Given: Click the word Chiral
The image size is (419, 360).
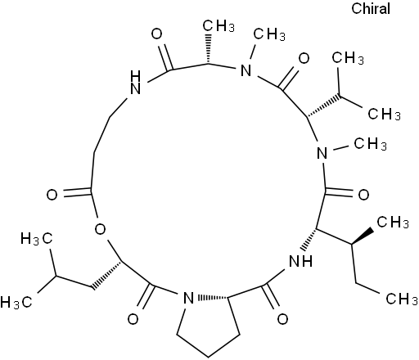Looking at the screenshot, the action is point(371,8).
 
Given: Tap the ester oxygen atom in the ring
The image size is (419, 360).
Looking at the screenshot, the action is point(100,229).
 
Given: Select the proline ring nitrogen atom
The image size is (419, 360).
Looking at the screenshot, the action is point(188,298).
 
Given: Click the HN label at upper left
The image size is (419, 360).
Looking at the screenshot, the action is point(136,82).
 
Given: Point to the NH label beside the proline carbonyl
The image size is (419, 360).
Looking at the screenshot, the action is point(300,262).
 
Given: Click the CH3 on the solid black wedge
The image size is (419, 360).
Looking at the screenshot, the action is point(393,223).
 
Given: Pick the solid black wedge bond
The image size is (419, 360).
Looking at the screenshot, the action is point(363,237).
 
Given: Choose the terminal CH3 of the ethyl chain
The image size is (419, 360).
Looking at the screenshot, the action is point(402,299).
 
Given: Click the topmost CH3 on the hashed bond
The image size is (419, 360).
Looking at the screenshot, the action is point(219,26).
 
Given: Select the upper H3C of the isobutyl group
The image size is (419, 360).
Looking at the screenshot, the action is point(37,239).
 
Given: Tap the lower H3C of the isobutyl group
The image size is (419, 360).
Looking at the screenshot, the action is point(16,303).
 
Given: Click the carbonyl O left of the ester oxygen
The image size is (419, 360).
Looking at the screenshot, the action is point(52,195).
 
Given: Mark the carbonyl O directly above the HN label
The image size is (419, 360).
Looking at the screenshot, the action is point(157,34).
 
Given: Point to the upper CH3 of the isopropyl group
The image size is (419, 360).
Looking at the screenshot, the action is point(348,58).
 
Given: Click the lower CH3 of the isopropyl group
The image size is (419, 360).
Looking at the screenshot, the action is point(384,114).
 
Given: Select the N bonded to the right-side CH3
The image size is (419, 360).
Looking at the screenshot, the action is point(322,153).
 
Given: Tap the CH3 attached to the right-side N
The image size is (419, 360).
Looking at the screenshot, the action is point(371,144).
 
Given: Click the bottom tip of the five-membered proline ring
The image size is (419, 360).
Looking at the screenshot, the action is point(209,357).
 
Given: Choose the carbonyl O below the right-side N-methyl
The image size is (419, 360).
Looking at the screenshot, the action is point(363,195).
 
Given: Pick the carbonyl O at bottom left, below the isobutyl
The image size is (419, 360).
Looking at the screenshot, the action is point(133,319).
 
